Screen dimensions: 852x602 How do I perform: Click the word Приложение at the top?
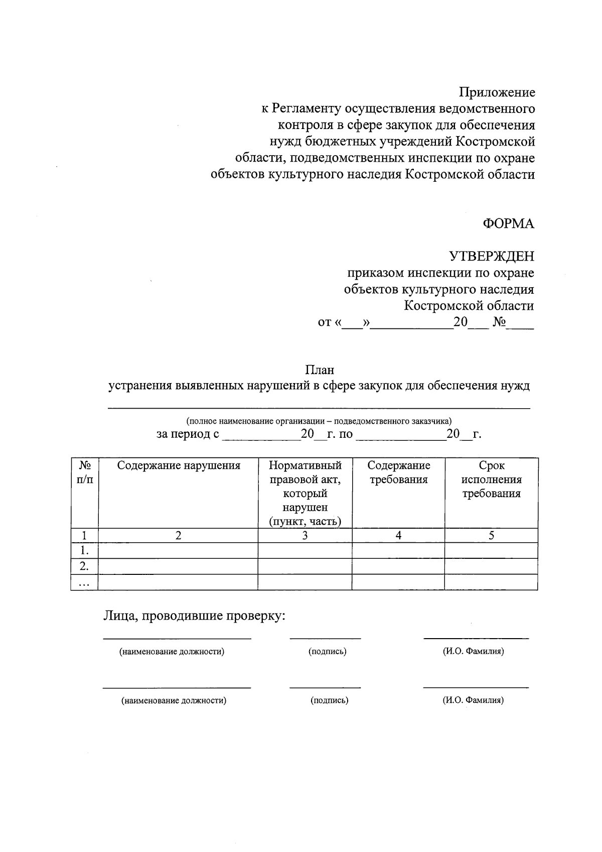[x=497, y=92]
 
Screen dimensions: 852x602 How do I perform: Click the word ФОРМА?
[x=508, y=224]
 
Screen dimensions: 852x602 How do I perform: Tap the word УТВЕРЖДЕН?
[x=491, y=257]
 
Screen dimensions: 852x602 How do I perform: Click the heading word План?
[x=320, y=370]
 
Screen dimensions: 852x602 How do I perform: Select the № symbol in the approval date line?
[x=499, y=322]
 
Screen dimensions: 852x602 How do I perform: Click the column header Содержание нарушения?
[x=179, y=465]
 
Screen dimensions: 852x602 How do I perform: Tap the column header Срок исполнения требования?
[x=491, y=479]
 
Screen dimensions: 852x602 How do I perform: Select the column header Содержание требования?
[x=398, y=472]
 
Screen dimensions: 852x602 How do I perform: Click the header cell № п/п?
[x=84, y=472]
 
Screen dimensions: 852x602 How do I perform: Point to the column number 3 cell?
[x=305, y=536]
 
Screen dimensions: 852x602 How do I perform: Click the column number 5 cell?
[x=491, y=536]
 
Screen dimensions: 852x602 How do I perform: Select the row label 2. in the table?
[x=84, y=567]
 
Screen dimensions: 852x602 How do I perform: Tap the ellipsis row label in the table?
[x=84, y=583]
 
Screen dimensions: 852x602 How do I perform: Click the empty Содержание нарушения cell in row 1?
[x=178, y=551]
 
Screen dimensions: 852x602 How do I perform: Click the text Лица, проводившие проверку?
[x=194, y=616]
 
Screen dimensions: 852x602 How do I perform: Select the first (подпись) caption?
[x=328, y=652]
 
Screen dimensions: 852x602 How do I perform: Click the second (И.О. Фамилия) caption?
[x=473, y=700]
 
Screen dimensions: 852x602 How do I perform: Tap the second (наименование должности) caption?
[x=174, y=700]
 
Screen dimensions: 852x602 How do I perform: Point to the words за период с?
[x=188, y=434]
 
